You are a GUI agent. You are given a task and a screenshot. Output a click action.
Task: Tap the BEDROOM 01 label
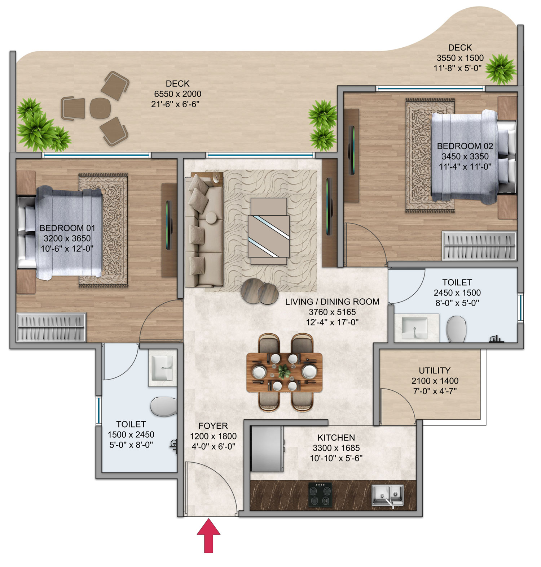pyautogui.click(x=67, y=228)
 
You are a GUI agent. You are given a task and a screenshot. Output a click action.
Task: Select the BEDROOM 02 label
pyautogui.click(x=465, y=146)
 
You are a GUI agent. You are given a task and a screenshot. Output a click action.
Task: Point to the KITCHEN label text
pyautogui.click(x=336, y=437)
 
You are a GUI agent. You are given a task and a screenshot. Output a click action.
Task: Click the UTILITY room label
pyautogui.click(x=434, y=370)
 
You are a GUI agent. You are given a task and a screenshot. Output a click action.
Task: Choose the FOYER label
pyautogui.click(x=213, y=426)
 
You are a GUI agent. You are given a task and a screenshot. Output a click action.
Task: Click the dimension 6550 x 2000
pyautogui.click(x=177, y=94)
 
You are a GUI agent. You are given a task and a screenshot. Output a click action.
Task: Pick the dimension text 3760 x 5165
pyautogui.click(x=332, y=312)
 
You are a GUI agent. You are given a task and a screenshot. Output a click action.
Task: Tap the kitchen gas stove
pyautogui.click(x=320, y=494)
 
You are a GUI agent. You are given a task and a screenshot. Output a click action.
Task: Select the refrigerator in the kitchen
pyautogui.click(x=266, y=449)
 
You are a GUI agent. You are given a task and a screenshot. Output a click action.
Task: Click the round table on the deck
pyautogui.click(x=100, y=108)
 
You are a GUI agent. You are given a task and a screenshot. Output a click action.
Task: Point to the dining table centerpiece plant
pyautogui.click(x=284, y=371)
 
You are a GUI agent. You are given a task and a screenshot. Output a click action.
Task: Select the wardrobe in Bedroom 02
pyautogui.click(x=479, y=245)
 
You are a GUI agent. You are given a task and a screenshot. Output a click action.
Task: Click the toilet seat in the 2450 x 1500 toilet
pyautogui.click(x=456, y=329)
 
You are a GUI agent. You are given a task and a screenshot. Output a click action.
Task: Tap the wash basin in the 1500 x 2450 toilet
pyautogui.click(x=163, y=368)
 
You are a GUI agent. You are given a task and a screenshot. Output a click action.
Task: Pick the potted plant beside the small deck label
pyautogui.click(x=501, y=69)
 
